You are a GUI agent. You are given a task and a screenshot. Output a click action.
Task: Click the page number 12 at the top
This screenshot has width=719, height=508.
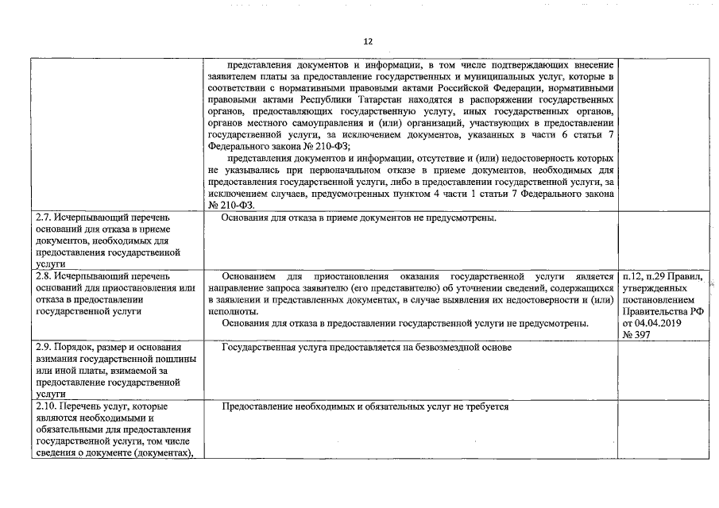[368, 41]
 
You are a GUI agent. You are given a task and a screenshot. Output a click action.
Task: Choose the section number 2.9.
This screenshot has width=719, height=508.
[46, 348]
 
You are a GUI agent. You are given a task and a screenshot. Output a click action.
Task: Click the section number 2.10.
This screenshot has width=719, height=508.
[48, 406]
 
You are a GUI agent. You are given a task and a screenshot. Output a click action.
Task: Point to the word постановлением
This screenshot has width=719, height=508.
[659, 300]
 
